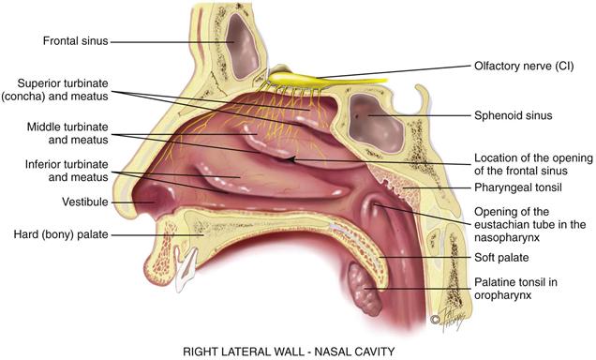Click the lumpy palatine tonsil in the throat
click(x=361, y=284)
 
